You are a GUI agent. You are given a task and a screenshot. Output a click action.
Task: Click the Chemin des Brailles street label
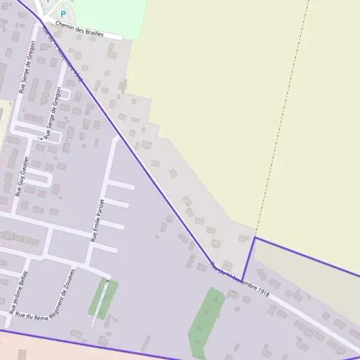point(79,30)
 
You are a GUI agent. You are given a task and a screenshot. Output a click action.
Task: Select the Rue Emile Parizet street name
point(98,220)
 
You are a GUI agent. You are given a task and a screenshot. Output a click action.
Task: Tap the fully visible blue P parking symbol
point(62,14)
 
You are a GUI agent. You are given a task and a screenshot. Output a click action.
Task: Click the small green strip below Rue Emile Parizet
point(102,299)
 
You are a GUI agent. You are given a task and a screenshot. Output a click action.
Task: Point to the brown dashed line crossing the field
point(282,120)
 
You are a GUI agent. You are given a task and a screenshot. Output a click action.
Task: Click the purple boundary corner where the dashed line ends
point(254,238)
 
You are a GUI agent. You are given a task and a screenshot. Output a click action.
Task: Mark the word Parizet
point(100,208)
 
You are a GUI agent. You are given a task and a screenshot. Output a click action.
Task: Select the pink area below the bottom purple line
point(60,351)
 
